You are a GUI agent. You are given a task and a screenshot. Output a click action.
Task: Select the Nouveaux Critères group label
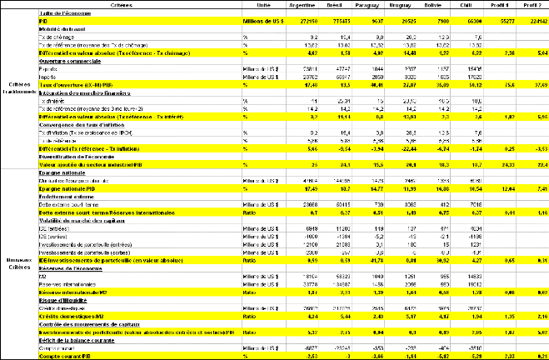tap(18, 260)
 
